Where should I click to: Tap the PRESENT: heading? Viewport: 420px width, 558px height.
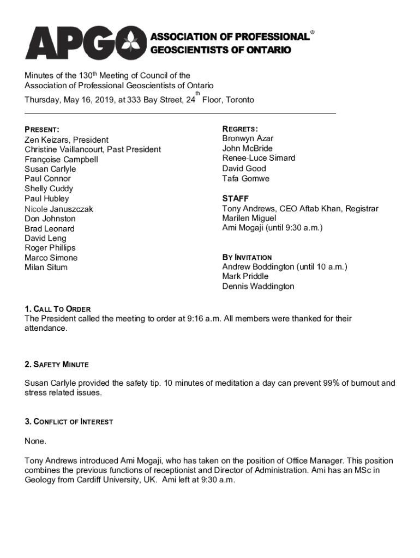pyautogui.click(x=42, y=130)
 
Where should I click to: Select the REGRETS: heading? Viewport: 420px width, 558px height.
pyautogui.click(x=240, y=129)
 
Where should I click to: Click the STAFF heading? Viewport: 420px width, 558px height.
pyautogui.click(x=235, y=198)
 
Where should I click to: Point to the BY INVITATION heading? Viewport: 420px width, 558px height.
pyautogui.click(x=247, y=257)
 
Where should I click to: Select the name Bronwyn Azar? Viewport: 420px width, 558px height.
pyautogui.click(x=248, y=138)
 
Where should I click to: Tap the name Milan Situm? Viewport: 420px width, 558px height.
pyautogui.click(x=46, y=268)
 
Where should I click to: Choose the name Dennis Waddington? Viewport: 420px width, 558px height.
pyautogui.click(x=258, y=286)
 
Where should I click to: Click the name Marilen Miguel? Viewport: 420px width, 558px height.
pyautogui.click(x=249, y=218)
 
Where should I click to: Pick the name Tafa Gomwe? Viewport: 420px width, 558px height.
pyautogui.click(x=245, y=178)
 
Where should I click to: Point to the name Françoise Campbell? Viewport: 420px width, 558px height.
pyautogui.click(x=61, y=160)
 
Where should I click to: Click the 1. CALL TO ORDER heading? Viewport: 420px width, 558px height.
pyautogui.click(x=57, y=309)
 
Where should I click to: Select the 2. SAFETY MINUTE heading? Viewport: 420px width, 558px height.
pyautogui.click(x=56, y=364)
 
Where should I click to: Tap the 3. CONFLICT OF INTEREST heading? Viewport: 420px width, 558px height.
pyautogui.click(x=69, y=422)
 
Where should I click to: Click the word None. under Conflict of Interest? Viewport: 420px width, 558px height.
pyautogui.click(x=35, y=441)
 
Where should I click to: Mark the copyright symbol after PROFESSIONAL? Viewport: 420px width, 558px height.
pyautogui.click(x=313, y=33)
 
